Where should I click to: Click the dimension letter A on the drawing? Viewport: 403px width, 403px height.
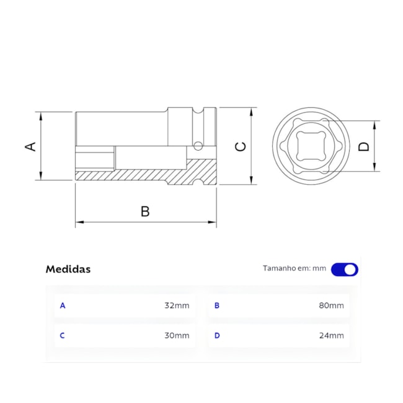click(30, 146)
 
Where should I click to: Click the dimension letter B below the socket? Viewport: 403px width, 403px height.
click(145, 211)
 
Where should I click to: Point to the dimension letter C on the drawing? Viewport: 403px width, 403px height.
click(241, 146)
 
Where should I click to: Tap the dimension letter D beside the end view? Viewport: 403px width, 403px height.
click(364, 146)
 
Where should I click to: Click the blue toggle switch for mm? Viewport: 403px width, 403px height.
click(344, 269)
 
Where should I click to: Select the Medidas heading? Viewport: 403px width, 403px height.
click(68, 269)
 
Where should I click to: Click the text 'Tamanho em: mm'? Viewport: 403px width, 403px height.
click(294, 268)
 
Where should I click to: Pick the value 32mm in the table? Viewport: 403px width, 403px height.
click(177, 306)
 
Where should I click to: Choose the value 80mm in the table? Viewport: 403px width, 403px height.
click(331, 306)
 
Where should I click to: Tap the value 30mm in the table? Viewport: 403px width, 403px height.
click(177, 335)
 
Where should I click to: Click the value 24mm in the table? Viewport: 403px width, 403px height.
click(331, 335)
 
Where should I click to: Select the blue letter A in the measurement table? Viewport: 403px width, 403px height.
click(62, 306)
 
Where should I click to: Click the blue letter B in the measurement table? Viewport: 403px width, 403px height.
click(217, 306)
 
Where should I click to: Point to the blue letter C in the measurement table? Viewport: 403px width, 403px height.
click(62, 335)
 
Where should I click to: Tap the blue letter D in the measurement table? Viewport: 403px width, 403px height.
click(217, 335)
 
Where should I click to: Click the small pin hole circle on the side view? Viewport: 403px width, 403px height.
click(198, 146)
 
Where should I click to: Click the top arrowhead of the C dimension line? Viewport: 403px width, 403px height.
click(252, 111)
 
